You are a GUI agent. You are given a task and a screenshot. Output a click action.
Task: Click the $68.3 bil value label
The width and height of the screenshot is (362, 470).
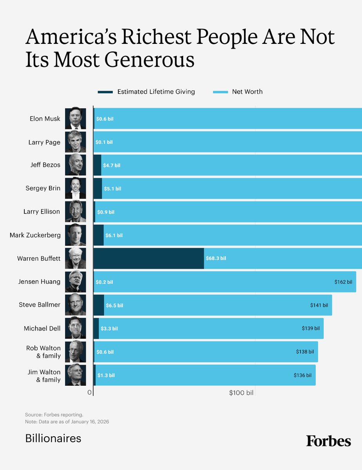pos(215,258)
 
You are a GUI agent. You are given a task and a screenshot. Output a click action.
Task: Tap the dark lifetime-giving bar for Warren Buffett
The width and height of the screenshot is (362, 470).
pos(148,258)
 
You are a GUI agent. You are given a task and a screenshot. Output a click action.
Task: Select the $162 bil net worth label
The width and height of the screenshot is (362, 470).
pos(343,282)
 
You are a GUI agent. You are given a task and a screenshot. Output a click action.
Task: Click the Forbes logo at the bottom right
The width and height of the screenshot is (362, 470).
pos(328,441)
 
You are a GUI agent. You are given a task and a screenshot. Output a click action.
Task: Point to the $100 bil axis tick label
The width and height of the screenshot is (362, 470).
pos(241,393)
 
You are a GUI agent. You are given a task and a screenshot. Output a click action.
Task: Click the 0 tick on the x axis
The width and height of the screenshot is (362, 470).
pos(90,392)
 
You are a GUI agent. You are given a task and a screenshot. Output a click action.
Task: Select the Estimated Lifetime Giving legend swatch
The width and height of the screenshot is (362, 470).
pos(105,92)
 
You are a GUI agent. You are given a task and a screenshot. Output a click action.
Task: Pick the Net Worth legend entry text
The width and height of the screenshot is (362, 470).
pos(247,92)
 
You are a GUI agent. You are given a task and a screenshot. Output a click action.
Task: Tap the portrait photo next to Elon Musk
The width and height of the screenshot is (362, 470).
pos(75,118)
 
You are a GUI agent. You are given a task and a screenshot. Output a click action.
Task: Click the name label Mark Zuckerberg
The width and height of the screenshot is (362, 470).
pos(35,235)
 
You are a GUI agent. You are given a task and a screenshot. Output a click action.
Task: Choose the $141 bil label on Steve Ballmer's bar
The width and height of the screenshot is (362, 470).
pos(319,305)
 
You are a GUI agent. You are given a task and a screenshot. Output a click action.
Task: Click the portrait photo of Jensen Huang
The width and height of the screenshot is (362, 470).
pos(75,281)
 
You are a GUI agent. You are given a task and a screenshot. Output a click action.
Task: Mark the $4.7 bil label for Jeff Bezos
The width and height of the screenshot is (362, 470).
pos(112,165)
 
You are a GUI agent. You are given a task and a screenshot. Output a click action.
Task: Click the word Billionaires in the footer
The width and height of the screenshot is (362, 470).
pos(53,438)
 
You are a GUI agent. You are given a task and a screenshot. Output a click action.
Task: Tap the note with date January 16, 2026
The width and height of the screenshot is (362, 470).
pos(67,421)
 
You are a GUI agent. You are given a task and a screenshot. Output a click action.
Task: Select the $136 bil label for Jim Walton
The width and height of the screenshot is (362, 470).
pos(302,375)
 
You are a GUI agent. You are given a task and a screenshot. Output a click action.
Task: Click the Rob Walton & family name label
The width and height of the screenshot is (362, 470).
pos(43,352)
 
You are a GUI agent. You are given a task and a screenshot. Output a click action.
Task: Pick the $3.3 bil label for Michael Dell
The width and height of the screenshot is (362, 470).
pos(109,328)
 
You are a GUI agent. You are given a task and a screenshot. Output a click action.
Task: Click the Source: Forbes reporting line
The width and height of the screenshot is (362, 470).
pos(54,414)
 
